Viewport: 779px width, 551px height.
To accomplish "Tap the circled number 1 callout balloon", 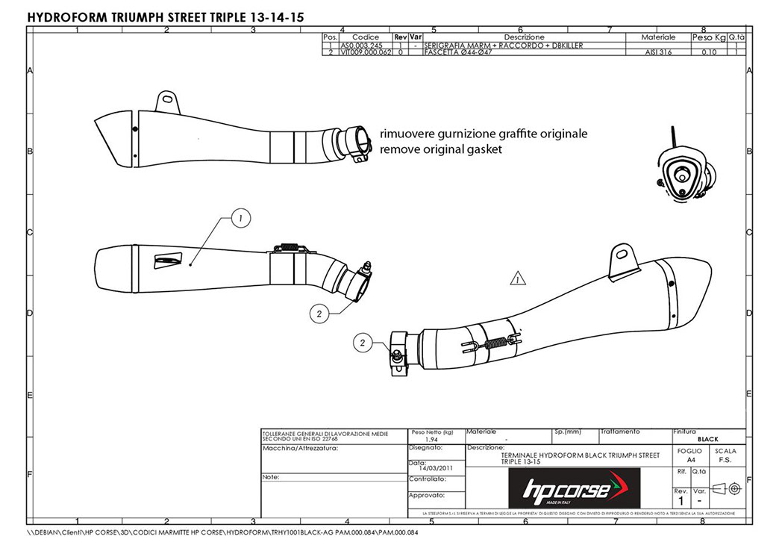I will tap(240, 218).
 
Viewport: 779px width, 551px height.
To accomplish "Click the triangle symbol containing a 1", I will tap(517, 279).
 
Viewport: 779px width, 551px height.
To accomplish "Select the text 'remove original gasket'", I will tap(441, 149).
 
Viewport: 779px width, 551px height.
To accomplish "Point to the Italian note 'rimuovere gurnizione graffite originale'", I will tap(484, 134).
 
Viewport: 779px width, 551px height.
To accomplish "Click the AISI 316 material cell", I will tap(659, 53).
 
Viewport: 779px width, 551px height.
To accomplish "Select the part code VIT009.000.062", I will tap(365, 53).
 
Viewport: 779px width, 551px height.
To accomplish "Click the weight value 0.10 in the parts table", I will tap(709, 53).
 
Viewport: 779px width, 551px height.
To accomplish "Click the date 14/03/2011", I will tap(437, 468).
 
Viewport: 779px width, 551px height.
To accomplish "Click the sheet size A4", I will tap(690, 460).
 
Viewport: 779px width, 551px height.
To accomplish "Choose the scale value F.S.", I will tap(725, 460).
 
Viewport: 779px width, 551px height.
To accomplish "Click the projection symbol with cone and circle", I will tap(725, 488).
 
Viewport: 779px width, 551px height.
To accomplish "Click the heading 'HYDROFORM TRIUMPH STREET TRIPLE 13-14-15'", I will tap(166, 16).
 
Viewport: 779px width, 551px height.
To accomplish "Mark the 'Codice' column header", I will tap(365, 37).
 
